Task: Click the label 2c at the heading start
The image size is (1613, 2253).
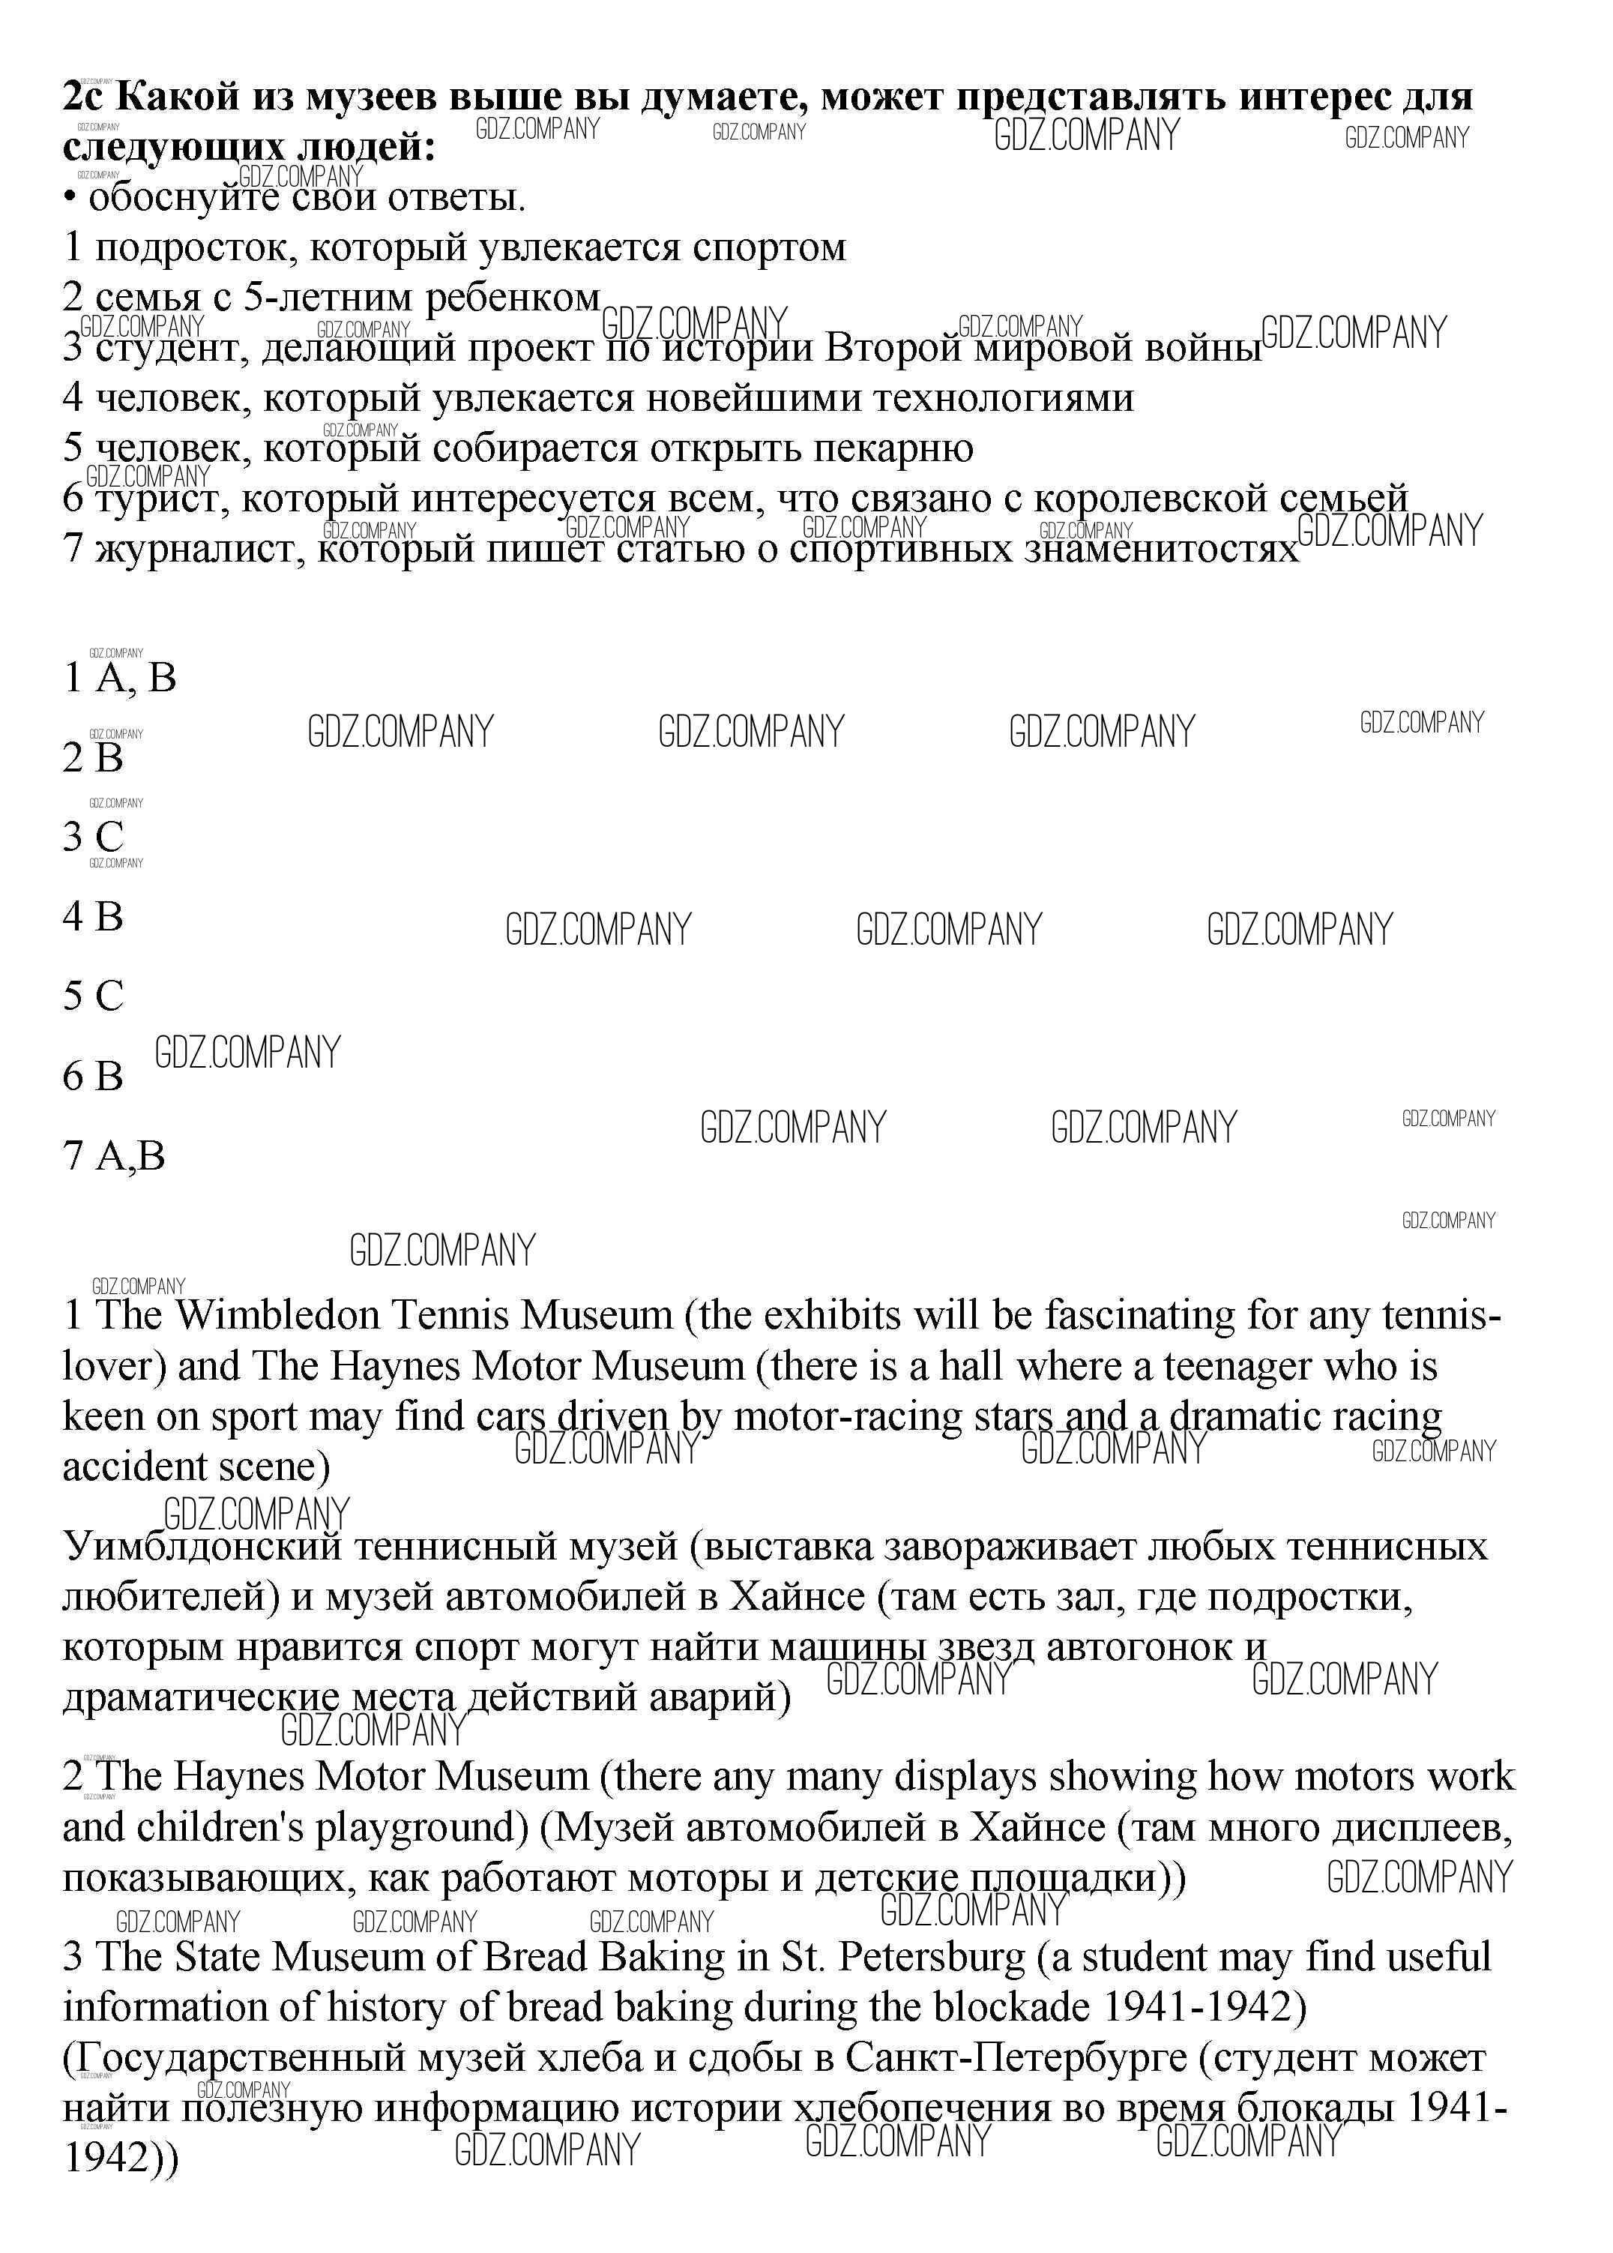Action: coord(85,97)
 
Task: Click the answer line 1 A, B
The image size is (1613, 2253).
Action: coord(119,679)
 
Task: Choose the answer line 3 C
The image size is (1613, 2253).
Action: coord(94,837)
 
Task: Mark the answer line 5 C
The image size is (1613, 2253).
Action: coord(94,996)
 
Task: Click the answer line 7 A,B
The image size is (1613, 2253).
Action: coord(114,1155)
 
